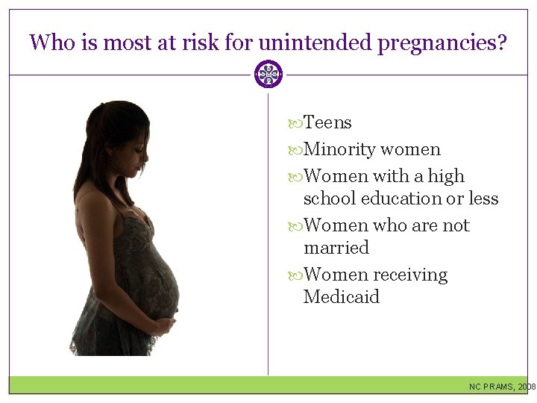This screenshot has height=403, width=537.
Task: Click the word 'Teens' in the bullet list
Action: pos(328,123)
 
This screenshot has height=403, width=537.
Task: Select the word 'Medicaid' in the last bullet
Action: pos(342,297)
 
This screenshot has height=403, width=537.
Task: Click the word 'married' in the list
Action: pos(336,248)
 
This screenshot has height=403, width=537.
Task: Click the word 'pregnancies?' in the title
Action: pos(442,43)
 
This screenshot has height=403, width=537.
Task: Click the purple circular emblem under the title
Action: pos(268,75)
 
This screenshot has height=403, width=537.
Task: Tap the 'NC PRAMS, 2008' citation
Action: pos(502,387)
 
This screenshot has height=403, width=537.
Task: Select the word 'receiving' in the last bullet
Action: pos(410,275)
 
